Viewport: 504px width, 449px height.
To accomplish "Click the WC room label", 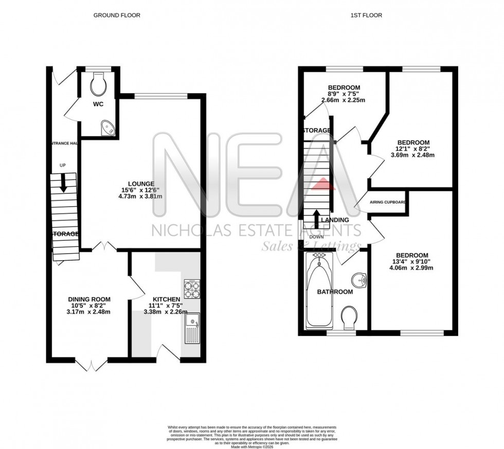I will (x=98, y=104).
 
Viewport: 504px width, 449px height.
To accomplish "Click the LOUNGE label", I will (x=141, y=183).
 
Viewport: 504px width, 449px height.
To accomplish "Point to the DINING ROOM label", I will (x=89, y=299).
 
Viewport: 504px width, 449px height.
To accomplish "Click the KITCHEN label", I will (x=166, y=299).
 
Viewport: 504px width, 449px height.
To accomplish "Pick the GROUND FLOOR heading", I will (x=117, y=15).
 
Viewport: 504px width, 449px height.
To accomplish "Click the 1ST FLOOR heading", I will (x=366, y=15).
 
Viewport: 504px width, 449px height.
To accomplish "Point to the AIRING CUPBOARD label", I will (x=388, y=202).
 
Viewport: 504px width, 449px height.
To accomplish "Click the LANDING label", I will (x=335, y=220).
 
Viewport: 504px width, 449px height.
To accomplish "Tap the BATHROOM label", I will (x=335, y=292).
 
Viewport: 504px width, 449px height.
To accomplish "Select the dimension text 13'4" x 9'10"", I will (x=412, y=263).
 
